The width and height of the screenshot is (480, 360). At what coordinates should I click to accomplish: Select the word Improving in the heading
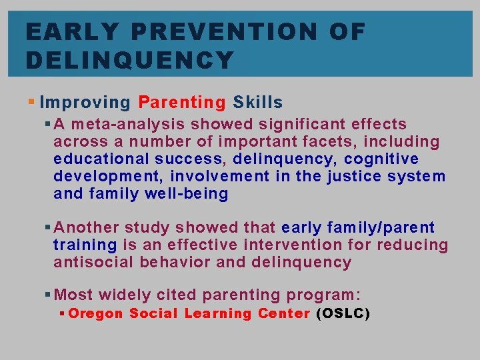point(85,103)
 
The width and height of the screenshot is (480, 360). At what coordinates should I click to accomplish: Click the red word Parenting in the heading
point(182,103)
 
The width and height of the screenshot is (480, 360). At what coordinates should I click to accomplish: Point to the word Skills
point(258,103)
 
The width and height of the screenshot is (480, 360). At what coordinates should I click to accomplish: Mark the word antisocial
point(93,262)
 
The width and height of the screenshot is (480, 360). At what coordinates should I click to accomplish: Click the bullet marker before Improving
point(33,103)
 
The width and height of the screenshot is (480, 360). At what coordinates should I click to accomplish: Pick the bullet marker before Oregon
point(62,313)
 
